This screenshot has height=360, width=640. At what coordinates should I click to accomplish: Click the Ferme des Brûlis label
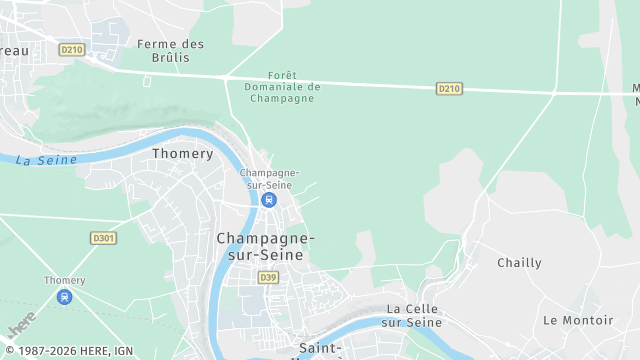(170, 51)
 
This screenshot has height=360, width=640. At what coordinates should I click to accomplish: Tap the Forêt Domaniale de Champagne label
(283, 87)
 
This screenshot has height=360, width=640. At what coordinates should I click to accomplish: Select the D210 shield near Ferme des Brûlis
(71, 49)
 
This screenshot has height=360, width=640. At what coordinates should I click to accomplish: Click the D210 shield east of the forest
(449, 89)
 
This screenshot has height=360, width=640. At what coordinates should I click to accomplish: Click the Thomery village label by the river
(182, 154)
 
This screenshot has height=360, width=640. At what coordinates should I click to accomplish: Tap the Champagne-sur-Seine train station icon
(268, 200)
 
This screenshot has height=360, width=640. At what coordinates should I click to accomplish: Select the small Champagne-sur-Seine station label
(269, 178)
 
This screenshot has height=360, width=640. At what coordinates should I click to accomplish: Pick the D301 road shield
(103, 238)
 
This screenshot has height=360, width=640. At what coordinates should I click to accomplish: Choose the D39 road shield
(267, 277)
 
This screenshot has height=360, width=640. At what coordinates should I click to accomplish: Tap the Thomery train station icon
(65, 297)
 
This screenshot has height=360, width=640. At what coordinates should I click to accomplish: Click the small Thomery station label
(65, 281)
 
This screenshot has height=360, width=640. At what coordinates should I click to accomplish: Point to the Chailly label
(519, 263)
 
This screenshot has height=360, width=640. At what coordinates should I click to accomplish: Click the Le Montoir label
(578, 320)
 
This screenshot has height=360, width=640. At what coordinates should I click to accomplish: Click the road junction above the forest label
(227, 76)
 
